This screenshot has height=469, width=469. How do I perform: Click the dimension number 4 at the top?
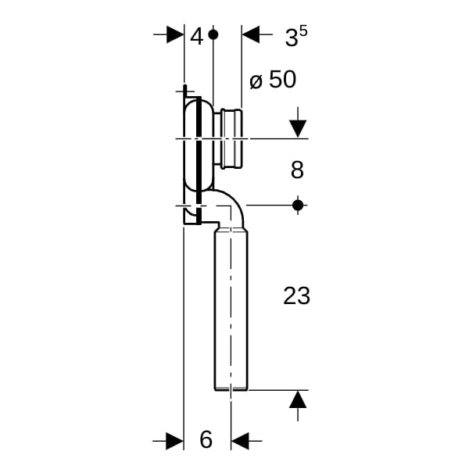click(x=197, y=37)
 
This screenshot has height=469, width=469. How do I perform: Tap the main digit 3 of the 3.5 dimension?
click(x=291, y=38)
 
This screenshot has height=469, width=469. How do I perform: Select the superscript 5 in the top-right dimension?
click(x=303, y=31)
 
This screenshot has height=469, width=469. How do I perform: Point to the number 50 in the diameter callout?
click(x=283, y=80)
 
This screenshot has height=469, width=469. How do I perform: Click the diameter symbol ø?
click(x=256, y=81)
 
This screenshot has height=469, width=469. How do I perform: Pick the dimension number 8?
click(x=297, y=170)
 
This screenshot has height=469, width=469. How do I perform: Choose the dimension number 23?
click(x=296, y=295)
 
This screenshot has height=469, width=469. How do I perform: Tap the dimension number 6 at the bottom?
click(x=206, y=439)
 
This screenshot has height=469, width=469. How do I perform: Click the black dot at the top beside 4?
click(x=213, y=34)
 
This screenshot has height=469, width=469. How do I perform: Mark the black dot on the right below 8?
click(x=298, y=205)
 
